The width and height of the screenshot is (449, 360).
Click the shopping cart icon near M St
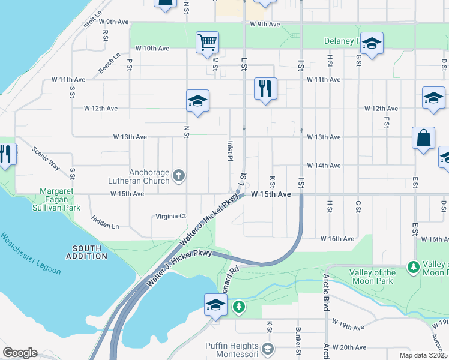tap(207, 42)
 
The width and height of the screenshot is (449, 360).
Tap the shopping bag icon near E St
tap(423, 137)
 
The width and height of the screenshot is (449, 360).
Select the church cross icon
tap(178, 176)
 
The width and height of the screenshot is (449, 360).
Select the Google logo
tap(19, 353)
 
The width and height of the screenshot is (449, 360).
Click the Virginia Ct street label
tap(171, 216)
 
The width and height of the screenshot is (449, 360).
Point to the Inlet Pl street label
tap(230, 151)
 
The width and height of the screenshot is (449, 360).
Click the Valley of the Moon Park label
tap(372, 277)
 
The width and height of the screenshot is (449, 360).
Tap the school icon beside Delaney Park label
tap(372, 43)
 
